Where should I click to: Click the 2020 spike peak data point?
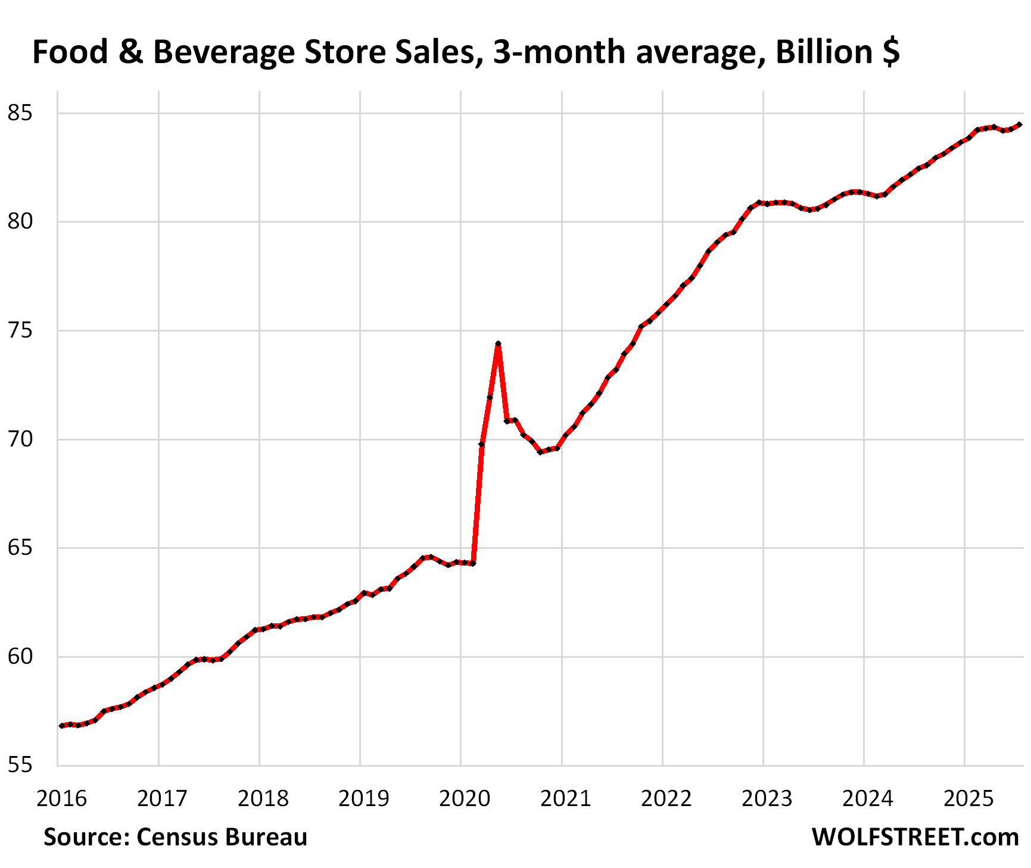(498, 344)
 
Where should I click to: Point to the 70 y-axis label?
(20, 439)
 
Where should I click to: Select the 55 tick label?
(20, 765)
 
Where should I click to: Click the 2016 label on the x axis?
(62, 798)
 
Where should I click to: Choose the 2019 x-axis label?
(364, 798)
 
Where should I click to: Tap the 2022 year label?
(666, 798)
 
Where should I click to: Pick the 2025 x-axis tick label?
(969, 798)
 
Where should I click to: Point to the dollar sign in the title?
(892, 52)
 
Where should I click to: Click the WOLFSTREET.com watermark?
(915, 836)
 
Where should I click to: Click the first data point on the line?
(61, 726)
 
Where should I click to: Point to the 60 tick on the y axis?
(20, 656)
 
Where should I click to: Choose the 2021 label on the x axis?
(566, 798)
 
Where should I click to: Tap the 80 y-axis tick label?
(20, 221)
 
